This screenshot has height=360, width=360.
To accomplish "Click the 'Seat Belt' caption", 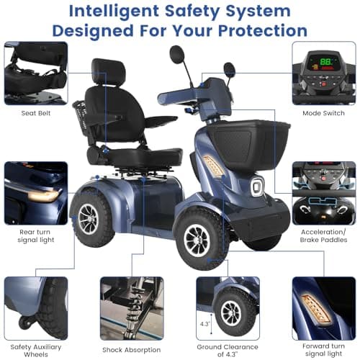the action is tap(36, 113).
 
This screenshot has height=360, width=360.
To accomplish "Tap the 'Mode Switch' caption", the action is tap(323, 113).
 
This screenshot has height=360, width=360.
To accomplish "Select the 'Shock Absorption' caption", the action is tap(132, 350).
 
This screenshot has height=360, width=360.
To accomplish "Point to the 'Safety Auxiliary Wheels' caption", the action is tap(36, 351).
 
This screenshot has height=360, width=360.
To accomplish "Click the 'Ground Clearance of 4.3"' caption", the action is tap(228, 351).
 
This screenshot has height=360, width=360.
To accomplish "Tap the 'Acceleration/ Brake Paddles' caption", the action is tap(323, 236).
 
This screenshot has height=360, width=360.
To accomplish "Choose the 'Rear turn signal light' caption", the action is tap(36, 236).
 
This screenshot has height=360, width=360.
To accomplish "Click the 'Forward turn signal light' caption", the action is tap(323, 350).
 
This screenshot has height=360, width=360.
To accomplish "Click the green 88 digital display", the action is tap(326, 62).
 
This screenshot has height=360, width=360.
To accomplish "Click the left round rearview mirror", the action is tap(176, 55).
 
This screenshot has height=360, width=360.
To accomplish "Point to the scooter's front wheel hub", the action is tap(197, 240).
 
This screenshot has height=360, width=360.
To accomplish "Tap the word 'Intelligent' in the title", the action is tap(114, 12).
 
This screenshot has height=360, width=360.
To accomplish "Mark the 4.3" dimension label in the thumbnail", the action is tap(205, 324).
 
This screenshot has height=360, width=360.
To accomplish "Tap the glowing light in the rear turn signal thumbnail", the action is tap(43, 196).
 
